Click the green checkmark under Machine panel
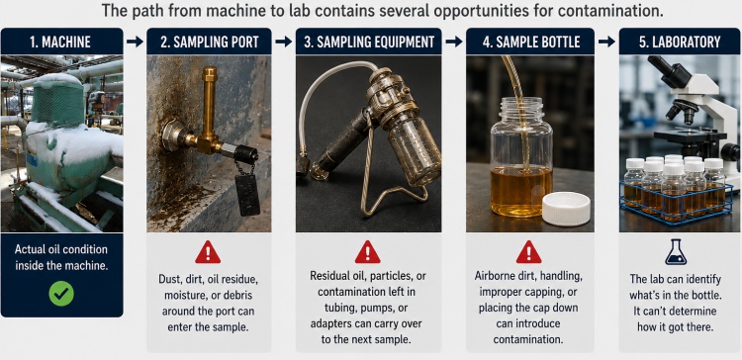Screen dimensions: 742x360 point(61,294)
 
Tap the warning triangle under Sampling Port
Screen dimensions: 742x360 point(208,252)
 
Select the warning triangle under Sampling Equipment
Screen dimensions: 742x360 point(368,252)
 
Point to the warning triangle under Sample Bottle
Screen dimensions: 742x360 point(528,252)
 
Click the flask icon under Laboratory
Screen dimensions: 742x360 point(676,251)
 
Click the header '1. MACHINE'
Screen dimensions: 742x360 point(60,42)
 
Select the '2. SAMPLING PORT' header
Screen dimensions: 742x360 point(209,42)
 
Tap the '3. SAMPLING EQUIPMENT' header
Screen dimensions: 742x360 point(369,42)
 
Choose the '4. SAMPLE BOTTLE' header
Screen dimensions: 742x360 point(530,42)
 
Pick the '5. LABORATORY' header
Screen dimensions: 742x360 point(680,42)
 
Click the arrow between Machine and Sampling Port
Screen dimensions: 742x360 point(135,42)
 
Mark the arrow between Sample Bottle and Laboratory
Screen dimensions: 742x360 point(606,42)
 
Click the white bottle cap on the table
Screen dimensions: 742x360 point(566,209)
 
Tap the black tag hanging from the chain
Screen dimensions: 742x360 point(247,195)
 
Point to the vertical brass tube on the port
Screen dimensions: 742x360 point(209,102)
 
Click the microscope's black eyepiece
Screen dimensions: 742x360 point(669,71)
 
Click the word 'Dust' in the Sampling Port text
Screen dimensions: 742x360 point(169,279)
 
